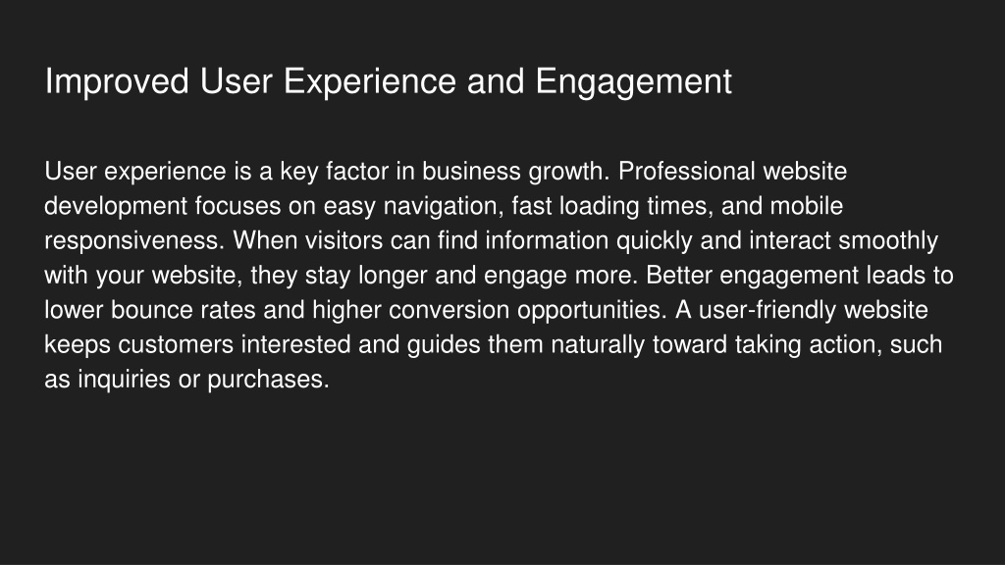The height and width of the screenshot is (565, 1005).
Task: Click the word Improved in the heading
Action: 117,82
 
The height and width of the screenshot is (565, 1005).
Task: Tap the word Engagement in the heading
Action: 633,82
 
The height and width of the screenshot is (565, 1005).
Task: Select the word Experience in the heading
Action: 369,82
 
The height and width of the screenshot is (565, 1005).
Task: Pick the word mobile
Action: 807,206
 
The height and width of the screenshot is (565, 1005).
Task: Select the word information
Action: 547,241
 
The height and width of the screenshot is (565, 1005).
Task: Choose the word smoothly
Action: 888,241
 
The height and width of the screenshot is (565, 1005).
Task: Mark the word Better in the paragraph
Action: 679,276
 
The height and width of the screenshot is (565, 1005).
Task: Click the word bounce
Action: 152,310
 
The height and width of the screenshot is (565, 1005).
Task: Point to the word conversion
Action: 450,310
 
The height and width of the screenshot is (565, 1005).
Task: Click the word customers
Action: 176,344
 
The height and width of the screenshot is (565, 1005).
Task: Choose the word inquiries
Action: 125,380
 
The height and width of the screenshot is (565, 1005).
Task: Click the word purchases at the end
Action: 268,380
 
